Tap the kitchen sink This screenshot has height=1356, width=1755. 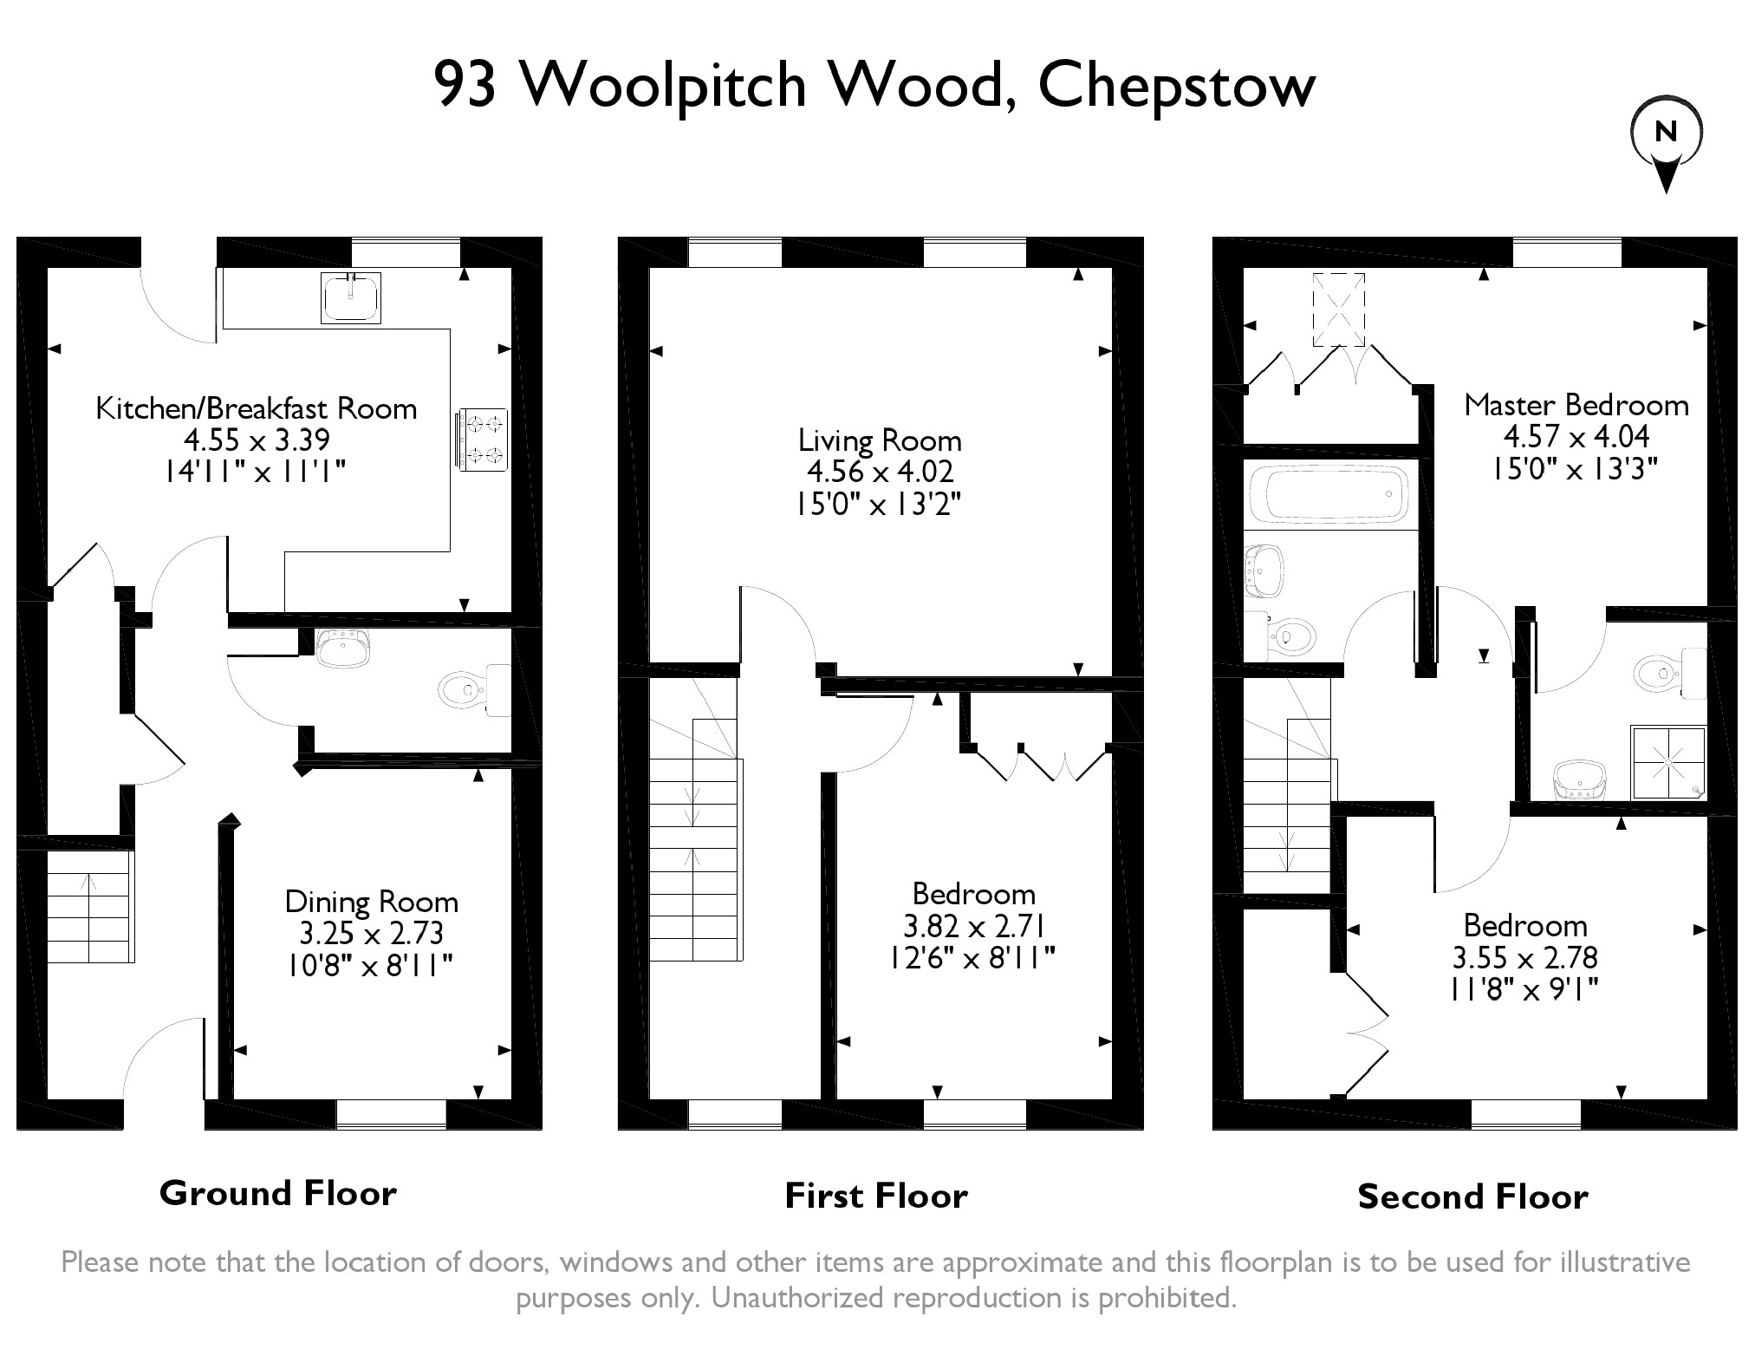[350, 297]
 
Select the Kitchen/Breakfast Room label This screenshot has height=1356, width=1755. [256, 407]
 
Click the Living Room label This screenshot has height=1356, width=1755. [879, 440]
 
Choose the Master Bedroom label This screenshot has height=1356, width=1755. [1576, 405]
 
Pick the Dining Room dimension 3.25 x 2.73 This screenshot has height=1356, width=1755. [371, 933]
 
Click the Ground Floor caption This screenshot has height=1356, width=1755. [277, 1193]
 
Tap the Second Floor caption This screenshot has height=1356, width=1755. [1472, 1196]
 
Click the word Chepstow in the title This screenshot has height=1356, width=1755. [1176, 86]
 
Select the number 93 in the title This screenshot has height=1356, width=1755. [465, 86]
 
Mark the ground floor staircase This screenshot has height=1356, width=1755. [88, 906]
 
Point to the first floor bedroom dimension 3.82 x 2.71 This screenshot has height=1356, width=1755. [973, 926]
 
